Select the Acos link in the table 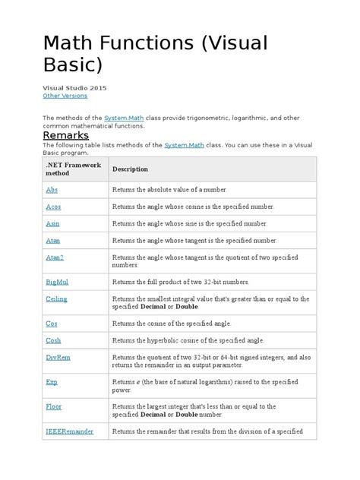coord(53,207)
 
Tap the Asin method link coord(52,223)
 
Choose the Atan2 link coord(54,257)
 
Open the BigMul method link coord(56,283)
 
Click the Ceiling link coord(56,299)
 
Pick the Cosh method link coord(53,341)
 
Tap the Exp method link coord(51,382)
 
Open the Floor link coord(53,407)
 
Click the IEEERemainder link coord(69,431)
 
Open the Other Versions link coord(65,96)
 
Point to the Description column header coord(130,169)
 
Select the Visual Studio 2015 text coord(74,87)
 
